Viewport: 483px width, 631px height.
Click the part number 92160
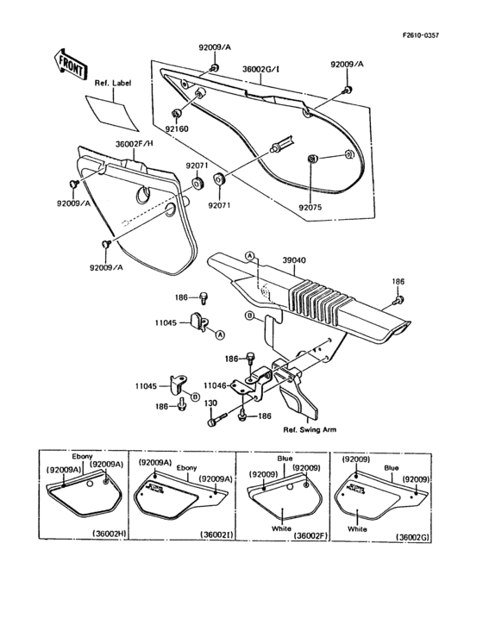(177, 128)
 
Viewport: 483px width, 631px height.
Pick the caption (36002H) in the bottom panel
(103, 535)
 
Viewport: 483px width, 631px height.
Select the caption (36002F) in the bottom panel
(310, 535)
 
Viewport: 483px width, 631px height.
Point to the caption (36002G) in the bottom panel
(416, 535)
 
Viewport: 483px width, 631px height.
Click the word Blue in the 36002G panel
(392, 466)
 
